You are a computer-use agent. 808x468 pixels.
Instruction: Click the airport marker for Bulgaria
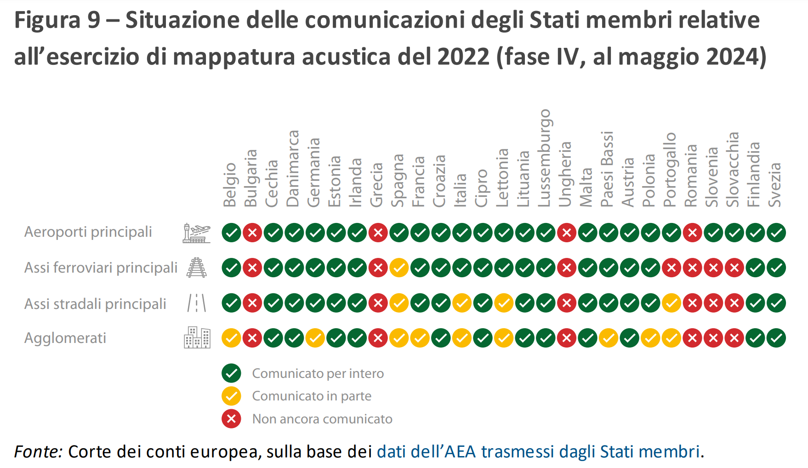tap(252, 233)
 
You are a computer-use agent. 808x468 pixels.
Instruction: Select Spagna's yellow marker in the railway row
tap(399, 268)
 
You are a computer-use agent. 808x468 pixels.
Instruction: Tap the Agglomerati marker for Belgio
tap(231, 338)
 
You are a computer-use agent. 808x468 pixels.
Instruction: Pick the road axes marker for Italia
tap(462, 303)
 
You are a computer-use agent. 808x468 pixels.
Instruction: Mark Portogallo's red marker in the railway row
tap(671, 268)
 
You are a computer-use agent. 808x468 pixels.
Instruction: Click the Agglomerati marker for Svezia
tap(776, 338)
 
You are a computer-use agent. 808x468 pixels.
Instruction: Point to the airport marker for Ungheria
tap(567, 233)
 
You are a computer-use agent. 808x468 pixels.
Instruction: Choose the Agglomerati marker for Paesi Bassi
tap(609, 338)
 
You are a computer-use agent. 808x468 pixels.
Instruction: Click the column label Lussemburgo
tap(545, 158)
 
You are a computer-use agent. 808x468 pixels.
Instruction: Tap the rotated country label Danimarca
tap(293, 168)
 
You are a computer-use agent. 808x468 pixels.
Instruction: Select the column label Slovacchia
tap(733, 169)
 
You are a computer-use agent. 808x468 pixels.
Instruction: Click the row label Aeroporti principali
tap(88, 232)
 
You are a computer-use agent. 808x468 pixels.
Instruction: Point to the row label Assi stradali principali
tap(95, 304)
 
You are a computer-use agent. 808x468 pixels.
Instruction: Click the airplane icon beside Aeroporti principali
tap(197, 233)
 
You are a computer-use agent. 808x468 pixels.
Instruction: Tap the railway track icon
tap(197, 268)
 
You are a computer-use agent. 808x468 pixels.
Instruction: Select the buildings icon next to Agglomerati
tap(197, 338)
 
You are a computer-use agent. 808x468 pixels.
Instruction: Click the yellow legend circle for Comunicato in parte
tap(231, 396)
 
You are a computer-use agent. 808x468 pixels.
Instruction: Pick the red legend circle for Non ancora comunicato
tap(231, 419)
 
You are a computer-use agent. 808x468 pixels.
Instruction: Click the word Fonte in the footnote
tap(38, 452)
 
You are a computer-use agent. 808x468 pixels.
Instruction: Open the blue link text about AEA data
tap(538, 452)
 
